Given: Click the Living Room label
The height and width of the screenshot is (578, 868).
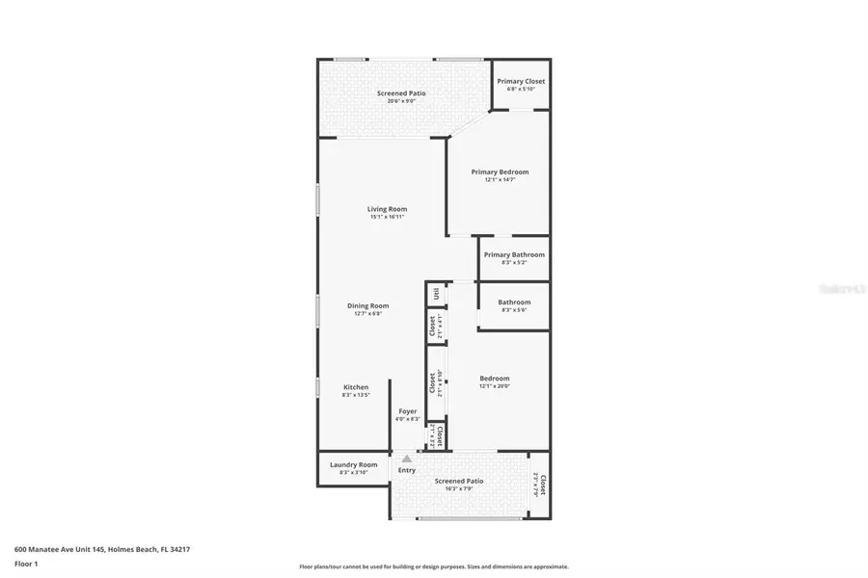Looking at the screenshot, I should pos(387,209).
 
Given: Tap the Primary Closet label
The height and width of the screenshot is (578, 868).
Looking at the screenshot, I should pos(521,82).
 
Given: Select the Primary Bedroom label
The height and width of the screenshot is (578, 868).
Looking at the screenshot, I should pos(500,172).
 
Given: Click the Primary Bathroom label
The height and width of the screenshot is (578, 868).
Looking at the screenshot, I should pos(514,255).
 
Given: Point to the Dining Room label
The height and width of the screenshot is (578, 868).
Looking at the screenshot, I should pos(367,306).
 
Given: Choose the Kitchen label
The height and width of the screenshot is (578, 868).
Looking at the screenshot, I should pos(356,387).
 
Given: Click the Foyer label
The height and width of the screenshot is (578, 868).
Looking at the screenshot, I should pos(408,411).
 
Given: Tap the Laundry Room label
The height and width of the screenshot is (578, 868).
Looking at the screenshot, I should pos(355,465).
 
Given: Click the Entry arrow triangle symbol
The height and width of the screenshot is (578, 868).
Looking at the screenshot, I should pos(407,460).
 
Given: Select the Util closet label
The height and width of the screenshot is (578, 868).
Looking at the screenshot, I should pos(437,294).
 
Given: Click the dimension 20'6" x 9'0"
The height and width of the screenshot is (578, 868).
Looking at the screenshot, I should pos(400,101).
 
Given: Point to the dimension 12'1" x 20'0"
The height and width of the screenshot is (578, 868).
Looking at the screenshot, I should pos(495,386).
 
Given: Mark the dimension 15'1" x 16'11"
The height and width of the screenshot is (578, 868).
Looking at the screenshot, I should pos(387,217).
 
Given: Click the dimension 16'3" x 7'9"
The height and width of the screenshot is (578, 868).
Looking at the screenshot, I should pos(459,488).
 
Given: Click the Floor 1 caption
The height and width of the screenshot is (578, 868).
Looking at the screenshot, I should pos(25,564).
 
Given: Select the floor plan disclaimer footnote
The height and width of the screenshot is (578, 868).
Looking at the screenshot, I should pos(433,567).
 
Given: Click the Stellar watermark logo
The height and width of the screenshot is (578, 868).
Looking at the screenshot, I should pos(838,288).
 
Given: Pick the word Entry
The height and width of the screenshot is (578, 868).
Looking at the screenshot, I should pos(407,470).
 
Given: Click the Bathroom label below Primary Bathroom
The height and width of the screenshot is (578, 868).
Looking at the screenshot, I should pos(514,302).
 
